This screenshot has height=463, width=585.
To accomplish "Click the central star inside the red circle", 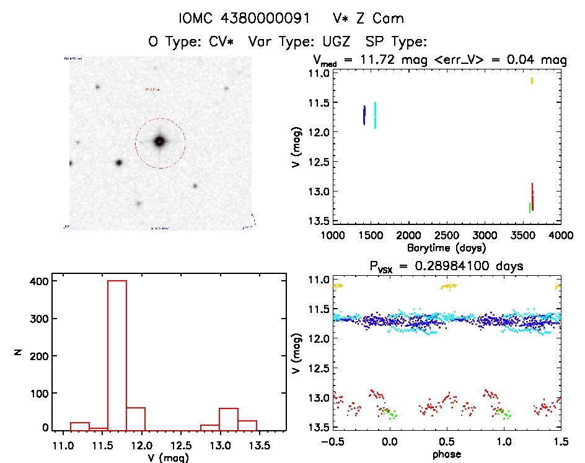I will click(x=159, y=142).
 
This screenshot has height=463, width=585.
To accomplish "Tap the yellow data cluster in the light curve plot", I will click(x=532, y=81).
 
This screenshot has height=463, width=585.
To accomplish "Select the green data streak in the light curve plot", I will click(x=530, y=208).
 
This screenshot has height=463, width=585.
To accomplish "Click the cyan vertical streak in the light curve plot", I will click(x=375, y=115).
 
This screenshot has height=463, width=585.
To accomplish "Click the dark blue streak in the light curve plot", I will click(x=364, y=115).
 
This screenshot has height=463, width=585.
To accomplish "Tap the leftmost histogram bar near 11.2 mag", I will click(x=80, y=426).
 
